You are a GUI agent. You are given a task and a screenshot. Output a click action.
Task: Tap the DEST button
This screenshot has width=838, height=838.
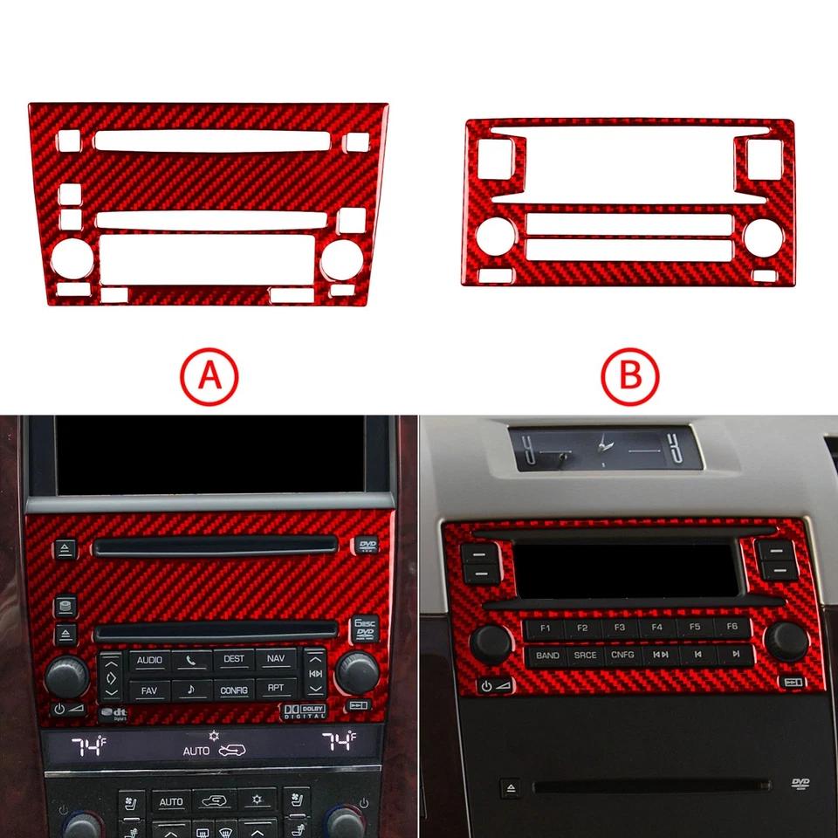click(234, 660)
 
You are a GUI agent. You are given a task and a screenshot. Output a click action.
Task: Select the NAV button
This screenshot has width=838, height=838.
click(276, 660)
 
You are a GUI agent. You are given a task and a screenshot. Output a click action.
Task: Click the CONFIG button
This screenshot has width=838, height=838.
click(234, 690)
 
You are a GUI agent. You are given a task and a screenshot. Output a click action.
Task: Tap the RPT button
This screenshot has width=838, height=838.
click(276, 690)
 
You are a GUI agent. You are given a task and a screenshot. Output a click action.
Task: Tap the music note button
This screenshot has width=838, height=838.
click(191, 690)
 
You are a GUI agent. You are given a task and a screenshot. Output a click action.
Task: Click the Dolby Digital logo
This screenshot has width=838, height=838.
click(303, 711)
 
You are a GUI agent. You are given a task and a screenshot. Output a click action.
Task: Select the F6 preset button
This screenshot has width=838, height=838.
click(732, 627)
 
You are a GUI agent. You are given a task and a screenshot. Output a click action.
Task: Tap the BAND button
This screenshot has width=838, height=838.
click(547, 655)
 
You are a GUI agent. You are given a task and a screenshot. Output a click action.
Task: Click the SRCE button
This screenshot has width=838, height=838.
click(584, 655)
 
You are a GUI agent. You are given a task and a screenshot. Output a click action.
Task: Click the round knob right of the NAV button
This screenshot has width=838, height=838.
click(358, 672)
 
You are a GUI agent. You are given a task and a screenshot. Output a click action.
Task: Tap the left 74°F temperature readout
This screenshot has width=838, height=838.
click(88, 745)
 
